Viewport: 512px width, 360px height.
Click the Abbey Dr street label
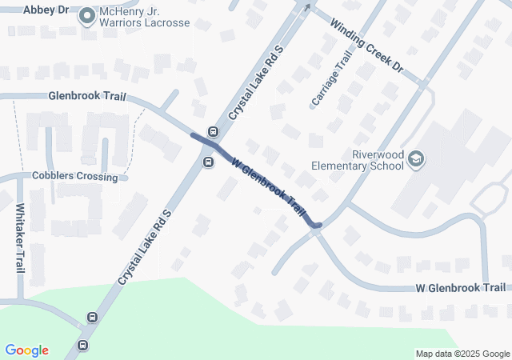(46, 10)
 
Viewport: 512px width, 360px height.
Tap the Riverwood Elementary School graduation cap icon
(416, 160)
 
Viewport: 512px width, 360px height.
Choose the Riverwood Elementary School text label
(358, 161)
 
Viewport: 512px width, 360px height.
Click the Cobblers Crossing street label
(75, 176)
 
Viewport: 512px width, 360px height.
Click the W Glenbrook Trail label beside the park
(460, 287)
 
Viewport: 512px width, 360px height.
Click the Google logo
(27, 350)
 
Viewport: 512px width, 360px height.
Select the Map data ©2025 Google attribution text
(462, 354)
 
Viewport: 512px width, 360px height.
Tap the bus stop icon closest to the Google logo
(82, 346)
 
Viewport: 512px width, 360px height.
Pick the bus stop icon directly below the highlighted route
(208, 162)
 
